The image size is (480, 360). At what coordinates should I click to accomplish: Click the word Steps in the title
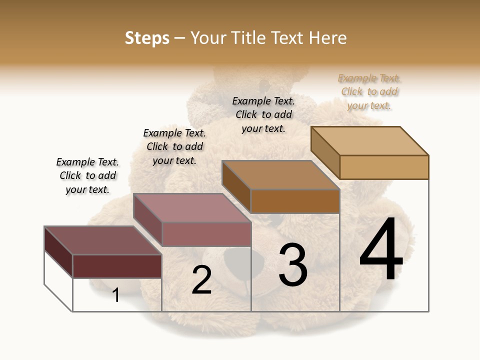(147, 38)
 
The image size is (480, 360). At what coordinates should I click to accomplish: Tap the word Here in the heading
(327, 38)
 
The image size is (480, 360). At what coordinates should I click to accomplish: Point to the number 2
(201, 280)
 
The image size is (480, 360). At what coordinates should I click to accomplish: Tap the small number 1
(116, 295)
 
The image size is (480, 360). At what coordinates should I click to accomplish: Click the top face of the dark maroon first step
(103, 240)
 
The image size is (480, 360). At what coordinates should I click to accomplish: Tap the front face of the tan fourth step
(384, 167)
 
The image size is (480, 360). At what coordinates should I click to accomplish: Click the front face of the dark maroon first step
(117, 266)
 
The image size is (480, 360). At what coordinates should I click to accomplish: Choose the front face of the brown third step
(295, 201)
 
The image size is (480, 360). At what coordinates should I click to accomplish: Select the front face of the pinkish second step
(206, 234)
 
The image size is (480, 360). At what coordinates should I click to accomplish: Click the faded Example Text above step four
(369, 91)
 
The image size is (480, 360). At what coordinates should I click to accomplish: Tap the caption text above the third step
(263, 114)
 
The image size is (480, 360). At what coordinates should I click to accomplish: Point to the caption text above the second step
(174, 146)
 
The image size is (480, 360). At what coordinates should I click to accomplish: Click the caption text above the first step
(87, 175)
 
